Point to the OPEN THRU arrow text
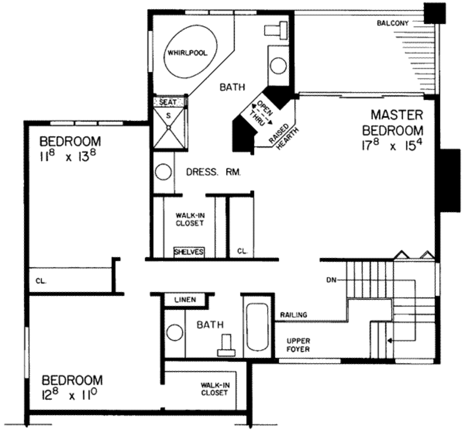260,113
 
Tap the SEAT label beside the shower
168,102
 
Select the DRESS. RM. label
213,172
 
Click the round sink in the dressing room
163,172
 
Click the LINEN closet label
185,300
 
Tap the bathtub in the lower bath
257,327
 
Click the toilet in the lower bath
226,346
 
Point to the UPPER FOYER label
298,345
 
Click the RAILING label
293,315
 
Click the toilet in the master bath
276,29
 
